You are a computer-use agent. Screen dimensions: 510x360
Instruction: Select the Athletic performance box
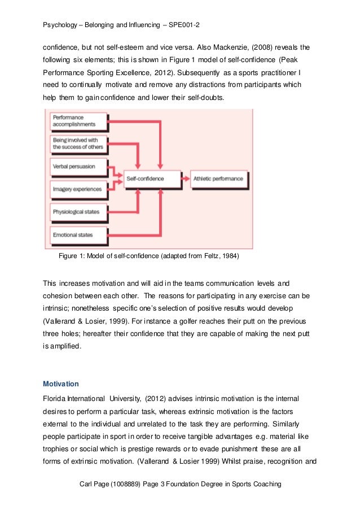pos(218,178)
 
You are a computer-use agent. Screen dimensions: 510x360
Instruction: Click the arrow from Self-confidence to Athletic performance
pos(186,178)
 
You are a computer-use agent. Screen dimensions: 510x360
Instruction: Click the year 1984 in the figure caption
pos(231,256)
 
